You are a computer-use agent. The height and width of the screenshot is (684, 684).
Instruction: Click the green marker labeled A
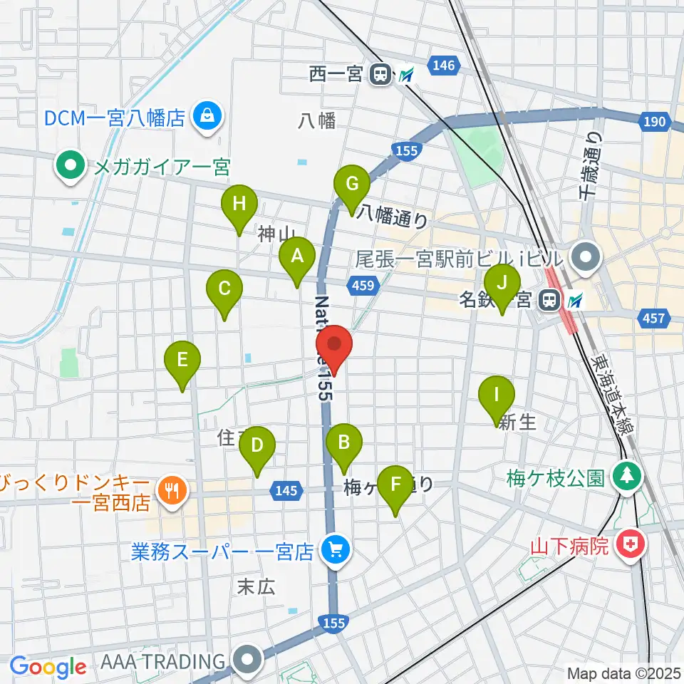click(297, 256)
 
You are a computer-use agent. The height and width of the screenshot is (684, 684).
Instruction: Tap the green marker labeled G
click(353, 185)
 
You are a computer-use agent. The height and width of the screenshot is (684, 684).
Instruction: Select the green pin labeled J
click(502, 284)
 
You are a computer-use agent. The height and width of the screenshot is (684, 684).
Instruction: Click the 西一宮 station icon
click(380, 73)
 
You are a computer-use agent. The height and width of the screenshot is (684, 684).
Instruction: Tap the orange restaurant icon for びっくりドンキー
click(170, 489)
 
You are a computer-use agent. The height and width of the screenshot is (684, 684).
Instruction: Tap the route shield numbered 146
click(442, 66)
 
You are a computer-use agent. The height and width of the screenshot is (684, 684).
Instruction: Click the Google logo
click(48, 667)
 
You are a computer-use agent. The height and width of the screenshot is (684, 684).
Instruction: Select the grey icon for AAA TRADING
click(248, 660)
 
